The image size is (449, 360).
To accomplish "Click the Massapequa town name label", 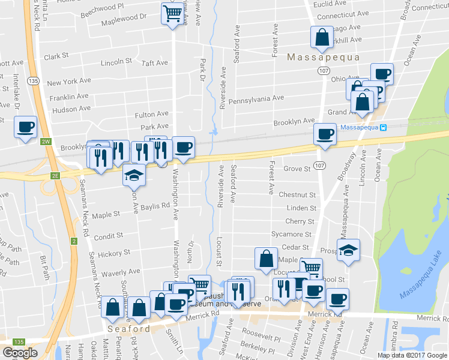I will tap(323, 58).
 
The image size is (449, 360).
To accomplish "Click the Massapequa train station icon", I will tap(383, 127).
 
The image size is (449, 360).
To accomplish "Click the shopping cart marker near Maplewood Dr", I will tap(173, 12).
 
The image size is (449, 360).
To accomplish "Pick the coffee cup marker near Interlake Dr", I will tap(26, 127).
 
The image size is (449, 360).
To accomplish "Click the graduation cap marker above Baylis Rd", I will tap(134, 175).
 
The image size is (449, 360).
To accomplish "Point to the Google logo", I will tap(20, 353).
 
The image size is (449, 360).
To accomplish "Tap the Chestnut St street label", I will tap(297, 195).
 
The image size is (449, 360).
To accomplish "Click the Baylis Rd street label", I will tap(156, 206).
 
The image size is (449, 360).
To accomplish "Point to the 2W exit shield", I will tap(46, 142).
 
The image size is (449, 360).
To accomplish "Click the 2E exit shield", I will tap(55, 175).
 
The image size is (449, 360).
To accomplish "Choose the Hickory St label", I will tap(113, 254).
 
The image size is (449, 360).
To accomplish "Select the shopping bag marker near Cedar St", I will tap(266, 259).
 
